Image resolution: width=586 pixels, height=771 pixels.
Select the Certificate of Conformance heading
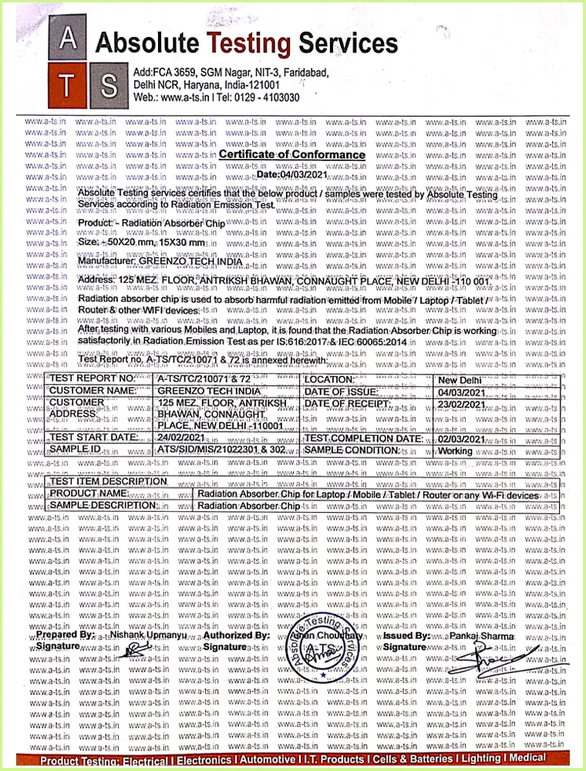tap(292, 155)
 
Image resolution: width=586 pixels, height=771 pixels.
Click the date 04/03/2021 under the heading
tap(292, 175)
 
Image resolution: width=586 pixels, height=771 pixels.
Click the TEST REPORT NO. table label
tap(93, 379)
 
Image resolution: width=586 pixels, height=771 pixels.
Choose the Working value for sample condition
tap(455, 450)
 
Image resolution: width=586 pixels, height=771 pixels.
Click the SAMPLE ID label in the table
tap(75, 449)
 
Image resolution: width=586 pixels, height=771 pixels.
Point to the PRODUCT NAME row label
tap(89, 493)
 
